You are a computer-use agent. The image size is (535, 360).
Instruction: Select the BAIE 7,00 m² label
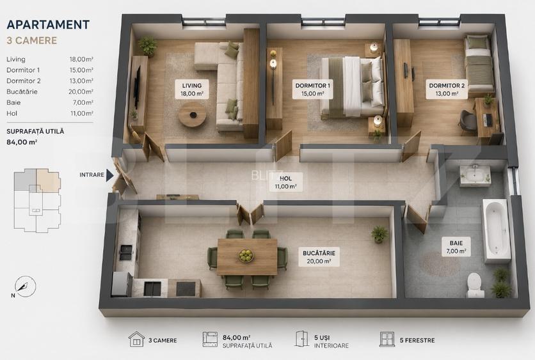(x=456, y=247)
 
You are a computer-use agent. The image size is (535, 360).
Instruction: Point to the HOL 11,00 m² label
(x=285, y=182)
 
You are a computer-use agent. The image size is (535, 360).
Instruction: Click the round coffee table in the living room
(x=193, y=114)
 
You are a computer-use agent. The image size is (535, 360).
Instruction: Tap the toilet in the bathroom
(x=475, y=285)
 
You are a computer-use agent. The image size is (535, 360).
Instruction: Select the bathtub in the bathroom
(x=497, y=230)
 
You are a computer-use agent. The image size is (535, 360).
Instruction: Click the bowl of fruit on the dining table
(x=246, y=255)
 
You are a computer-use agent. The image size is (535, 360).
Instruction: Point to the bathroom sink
(x=475, y=176)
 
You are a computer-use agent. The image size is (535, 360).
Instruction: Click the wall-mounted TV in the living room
(x=137, y=87)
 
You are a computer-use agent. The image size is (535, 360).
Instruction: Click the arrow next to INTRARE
(x=109, y=175)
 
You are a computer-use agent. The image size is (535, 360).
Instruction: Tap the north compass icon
(x=25, y=286)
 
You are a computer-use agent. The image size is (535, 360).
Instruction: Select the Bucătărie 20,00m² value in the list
(x=81, y=91)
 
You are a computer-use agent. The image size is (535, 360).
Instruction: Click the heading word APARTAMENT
(x=48, y=24)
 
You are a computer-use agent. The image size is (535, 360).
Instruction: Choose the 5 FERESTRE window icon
(x=387, y=340)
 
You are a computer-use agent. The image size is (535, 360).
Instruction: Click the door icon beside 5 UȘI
(x=301, y=339)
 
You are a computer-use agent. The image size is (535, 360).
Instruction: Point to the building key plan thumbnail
(x=37, y=200)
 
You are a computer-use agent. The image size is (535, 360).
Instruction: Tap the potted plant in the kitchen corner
(x=379, y=234)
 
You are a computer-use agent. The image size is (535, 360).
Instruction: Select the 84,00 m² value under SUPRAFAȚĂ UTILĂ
(x=22, y=142)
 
